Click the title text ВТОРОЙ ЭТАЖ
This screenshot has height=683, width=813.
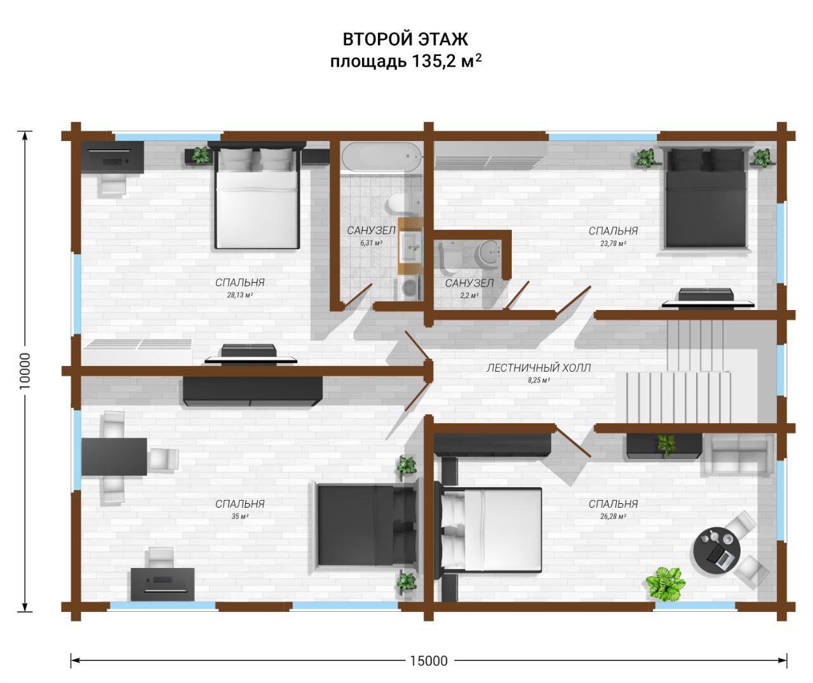tap(405, 39)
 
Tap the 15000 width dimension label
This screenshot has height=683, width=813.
tap(429, 661)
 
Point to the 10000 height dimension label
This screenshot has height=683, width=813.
tap(25, 371)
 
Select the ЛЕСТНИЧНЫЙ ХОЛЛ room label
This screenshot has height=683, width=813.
tap(539, 367)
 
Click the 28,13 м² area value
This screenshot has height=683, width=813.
tap(240, 295)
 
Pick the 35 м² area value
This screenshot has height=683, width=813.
tap(240, 517)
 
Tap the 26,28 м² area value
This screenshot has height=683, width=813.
tap(614, 517)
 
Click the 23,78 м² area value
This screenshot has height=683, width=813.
tap(614, 243)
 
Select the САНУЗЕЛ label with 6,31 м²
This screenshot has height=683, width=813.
tap(371, 231)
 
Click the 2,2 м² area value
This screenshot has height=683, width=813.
tap(469, 295)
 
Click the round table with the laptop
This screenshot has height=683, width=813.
tap(716, 551)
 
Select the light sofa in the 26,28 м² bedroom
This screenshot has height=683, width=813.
tap(737, 456)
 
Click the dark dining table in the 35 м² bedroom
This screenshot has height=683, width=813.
tap(114, 457)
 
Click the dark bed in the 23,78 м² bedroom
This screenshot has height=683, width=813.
tap(706, 198)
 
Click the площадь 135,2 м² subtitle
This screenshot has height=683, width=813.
tap(406, 62)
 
